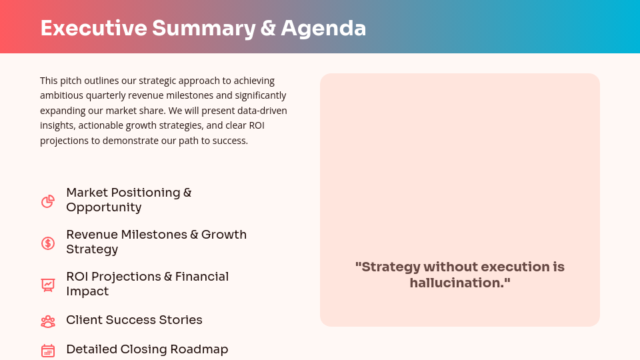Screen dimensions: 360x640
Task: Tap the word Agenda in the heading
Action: tap(323, 28)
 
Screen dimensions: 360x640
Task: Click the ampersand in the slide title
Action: tap(268, 28)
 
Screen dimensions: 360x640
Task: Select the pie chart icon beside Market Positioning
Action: tap(48, 201)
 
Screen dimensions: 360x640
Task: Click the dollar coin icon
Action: tap(48, 243)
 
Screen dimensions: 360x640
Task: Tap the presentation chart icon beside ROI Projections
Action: tap(48, 285)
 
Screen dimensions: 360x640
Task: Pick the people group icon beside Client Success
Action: tap(48, 322)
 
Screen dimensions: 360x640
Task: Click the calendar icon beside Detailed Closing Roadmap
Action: tap(48, 351)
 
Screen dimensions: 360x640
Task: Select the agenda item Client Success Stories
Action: tap(134, 320)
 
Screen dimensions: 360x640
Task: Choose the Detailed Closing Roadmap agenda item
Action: tap(147, 349)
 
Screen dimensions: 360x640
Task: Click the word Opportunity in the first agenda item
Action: tap(103, 207)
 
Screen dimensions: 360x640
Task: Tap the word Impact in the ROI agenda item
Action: tap(87, 291)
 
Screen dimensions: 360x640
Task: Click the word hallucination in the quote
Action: tap(457, 283)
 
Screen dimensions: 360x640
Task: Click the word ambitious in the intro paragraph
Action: tap(62, 95)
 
